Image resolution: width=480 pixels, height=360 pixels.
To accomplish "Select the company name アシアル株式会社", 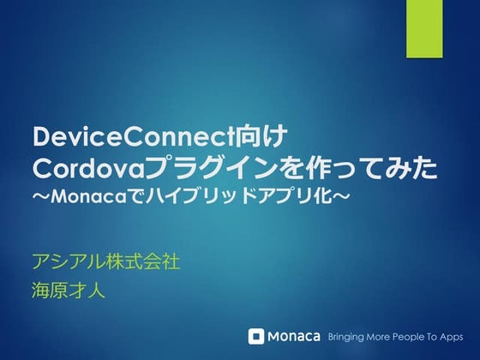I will (x=105, y=261).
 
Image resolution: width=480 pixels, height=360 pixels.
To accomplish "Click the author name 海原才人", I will (x=67, y=291).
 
